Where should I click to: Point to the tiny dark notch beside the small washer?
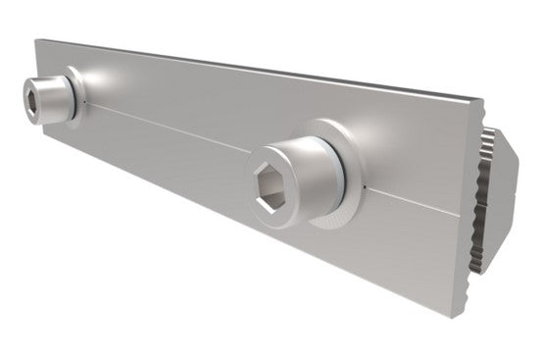[x=86, y=102]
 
